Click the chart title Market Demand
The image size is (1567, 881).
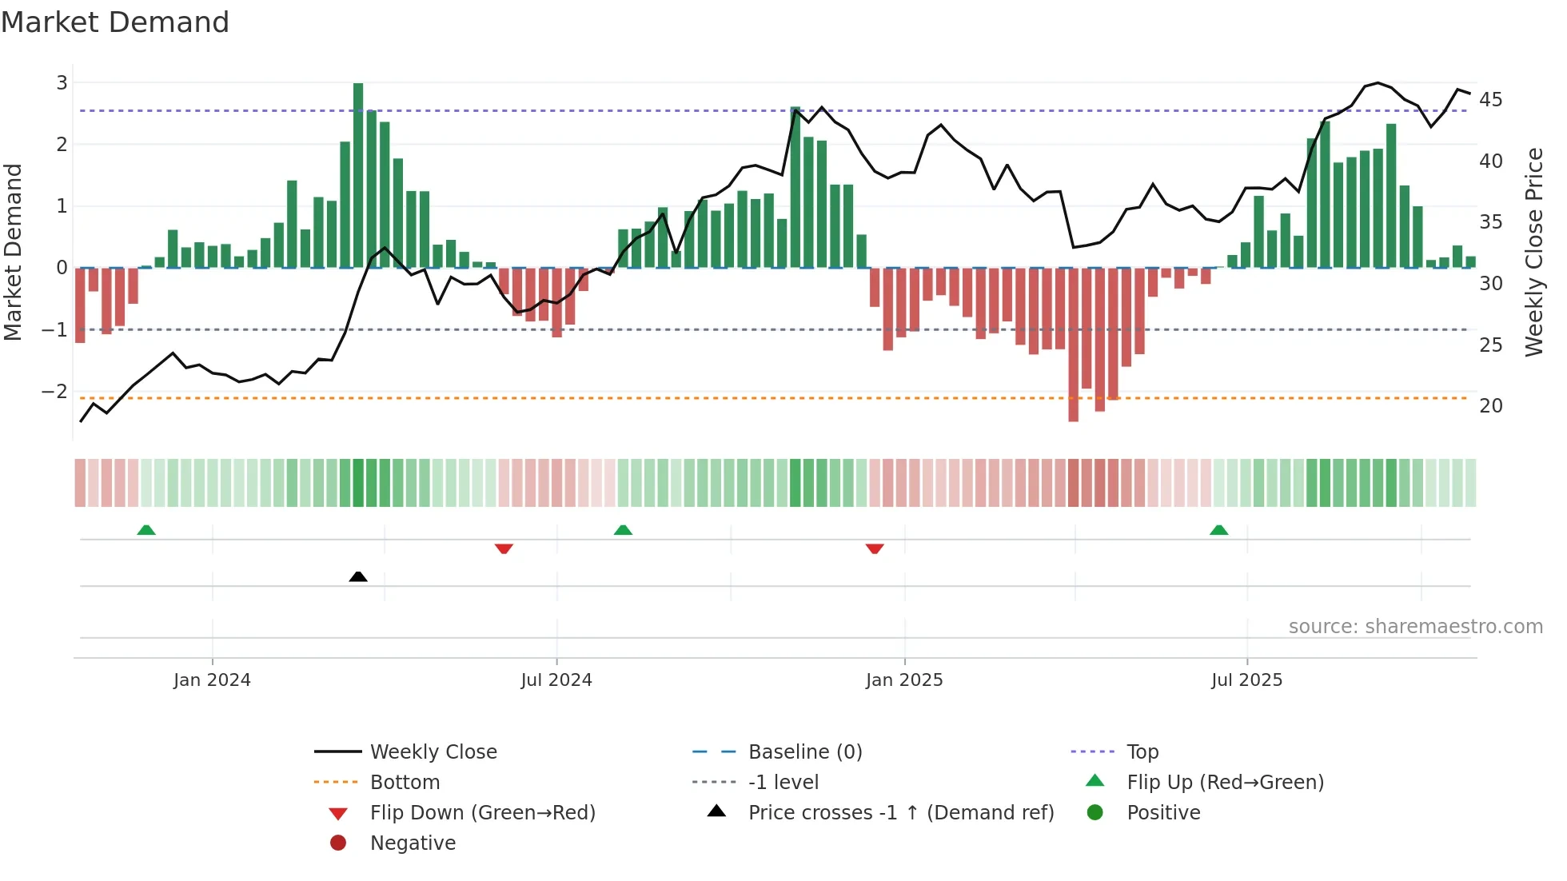pyautogui.click(x=115, y=22)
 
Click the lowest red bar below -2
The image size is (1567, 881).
pyautogui.click(x=1073, y=344)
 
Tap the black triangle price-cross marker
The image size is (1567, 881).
pyautogui.click(x=358, y=576)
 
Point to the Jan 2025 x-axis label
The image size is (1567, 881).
pyautogui.click(x=904, y=680)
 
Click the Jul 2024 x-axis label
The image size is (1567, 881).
pyautogui.click(x=556, y=680)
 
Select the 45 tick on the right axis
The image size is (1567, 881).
pyautogui.click(x=1490, y=100)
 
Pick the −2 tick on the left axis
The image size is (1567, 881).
pyautogui.click(x=55, y=392)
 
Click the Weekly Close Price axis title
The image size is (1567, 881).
pyautogui.click(x=1533, y=252)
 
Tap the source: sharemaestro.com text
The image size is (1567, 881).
pyautogui.click(x=1415, y=627)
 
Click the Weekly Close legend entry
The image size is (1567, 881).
pyautogui.click(x=433, y=752)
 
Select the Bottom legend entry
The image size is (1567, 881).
pyautogui.click(x=405, y=783)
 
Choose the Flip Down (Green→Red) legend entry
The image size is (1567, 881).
pyautogui.click(x=482, y=813)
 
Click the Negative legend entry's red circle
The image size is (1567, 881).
pyautogui.click(x=338, y=843)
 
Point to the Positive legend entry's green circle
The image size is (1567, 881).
pyautogui.click(x=1095, y=813)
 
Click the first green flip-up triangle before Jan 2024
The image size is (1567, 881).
pyautogui.click(x=146, y=530)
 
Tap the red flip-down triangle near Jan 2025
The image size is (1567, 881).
pyautogui.click(x=875, y=548)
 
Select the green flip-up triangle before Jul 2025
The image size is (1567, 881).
pyautogui.click(x=1218, y=530)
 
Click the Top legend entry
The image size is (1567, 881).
pyautogui.click(x=1142, y=752)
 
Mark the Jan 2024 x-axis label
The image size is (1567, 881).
pyautogui.click(x=212, y=680)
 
